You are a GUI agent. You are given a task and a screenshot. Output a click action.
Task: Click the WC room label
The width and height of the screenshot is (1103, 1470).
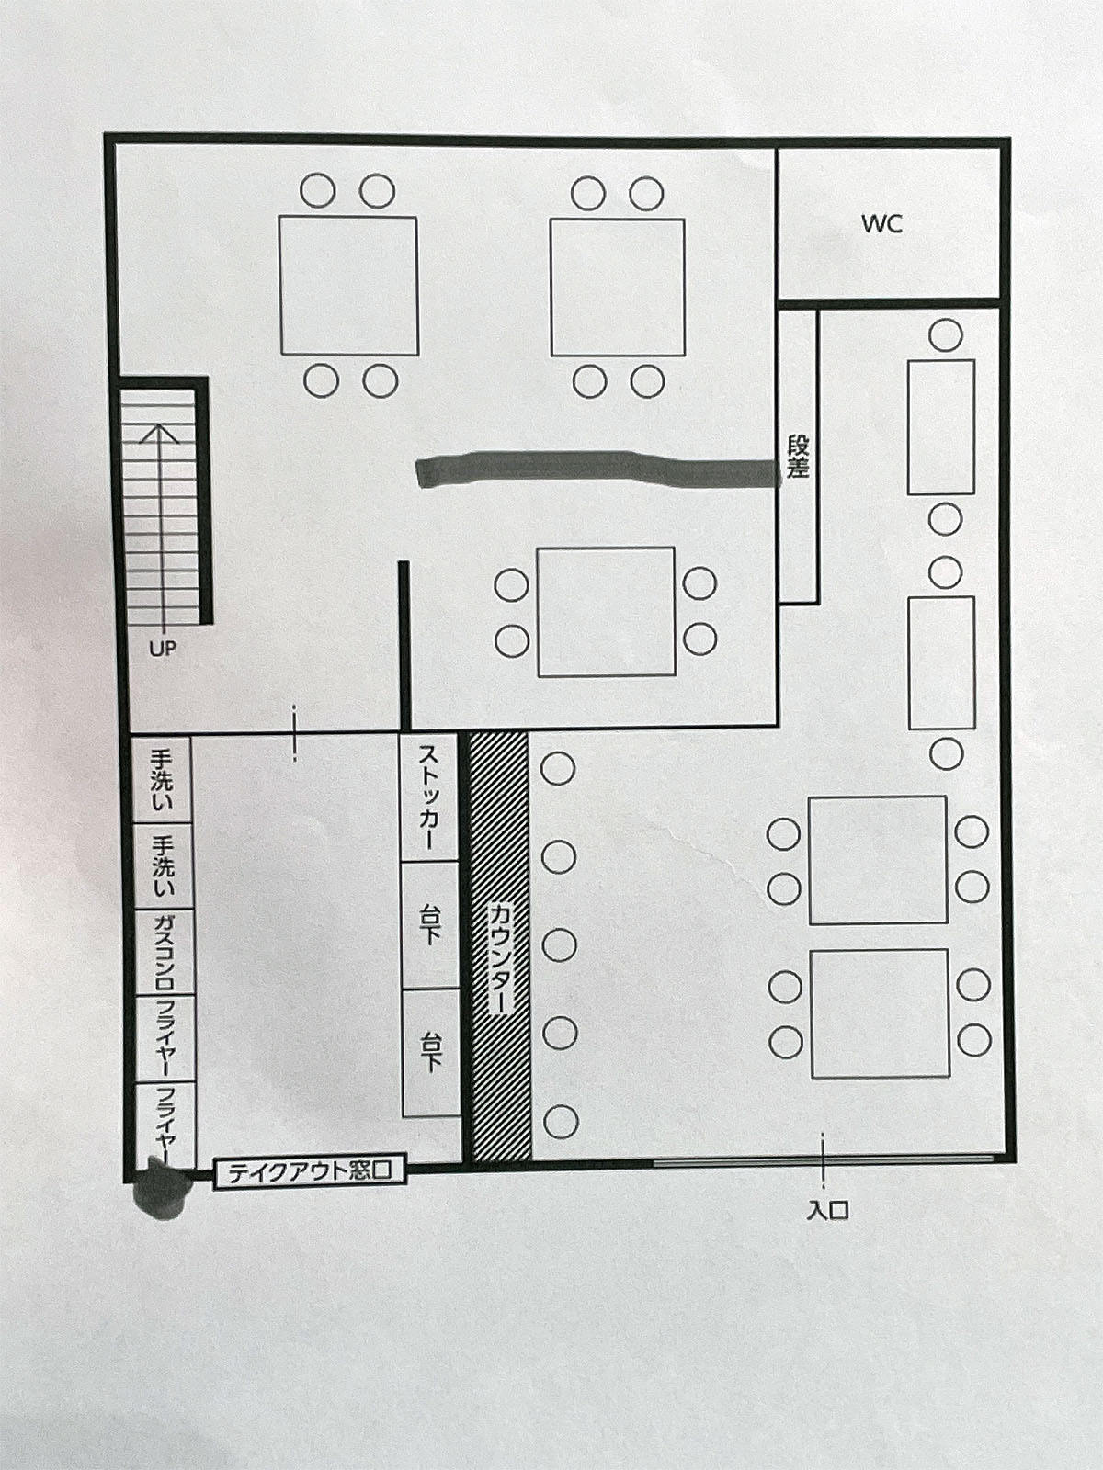pyautogui.click(x=882, y=223)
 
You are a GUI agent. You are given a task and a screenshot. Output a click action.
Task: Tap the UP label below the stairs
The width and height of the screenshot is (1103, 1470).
pyautogui.click(x=163, y=648)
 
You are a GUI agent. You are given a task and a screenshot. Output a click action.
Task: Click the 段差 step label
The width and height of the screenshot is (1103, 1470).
pyautogui.click(x=798, y=458)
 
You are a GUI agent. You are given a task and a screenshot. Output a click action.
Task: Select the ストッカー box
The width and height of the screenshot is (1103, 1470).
pyautogui.click(x=429, y=798)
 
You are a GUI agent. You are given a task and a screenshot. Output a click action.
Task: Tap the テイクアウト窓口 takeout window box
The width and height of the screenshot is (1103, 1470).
pyautogui.click(x=310, y=1172)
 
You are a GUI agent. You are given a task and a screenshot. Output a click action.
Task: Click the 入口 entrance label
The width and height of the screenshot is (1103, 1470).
pyautogui.click(x=828, y=1210)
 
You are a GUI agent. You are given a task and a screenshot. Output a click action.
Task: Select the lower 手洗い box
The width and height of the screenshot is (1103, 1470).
pyautogui.click(x=163, y=866)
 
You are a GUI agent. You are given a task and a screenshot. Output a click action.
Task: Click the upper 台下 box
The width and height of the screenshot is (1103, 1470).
pyautogui.click(x=430, y=925)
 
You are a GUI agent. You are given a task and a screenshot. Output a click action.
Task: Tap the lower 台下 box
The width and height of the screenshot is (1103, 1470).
pyautogui.click(x=430, y=1052)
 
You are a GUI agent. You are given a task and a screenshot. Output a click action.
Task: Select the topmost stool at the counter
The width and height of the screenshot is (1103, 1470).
pyautogui.click(x=558, y=768)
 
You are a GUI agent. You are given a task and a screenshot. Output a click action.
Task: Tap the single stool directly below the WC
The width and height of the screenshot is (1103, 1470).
pyautogui.click(x=946, y=334)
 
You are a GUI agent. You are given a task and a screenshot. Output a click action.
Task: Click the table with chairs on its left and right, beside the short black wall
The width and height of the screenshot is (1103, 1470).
pyautogui.click(x=606, y=612)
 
